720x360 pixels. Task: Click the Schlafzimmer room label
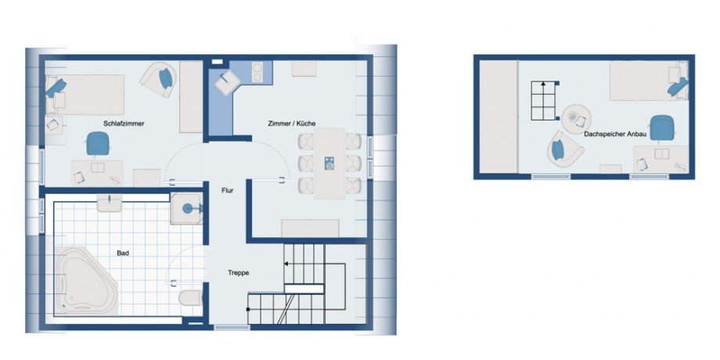tap(124, 124)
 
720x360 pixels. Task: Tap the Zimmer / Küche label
tap(292, 124)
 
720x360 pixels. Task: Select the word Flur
tap(227, 190)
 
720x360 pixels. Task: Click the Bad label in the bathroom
tap(123, 253)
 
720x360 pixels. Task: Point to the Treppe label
tap(239, 273)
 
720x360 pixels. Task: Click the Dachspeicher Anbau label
tap(615, 135)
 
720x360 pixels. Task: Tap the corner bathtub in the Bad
tap(85, 280)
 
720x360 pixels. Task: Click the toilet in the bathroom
tap(189, 297)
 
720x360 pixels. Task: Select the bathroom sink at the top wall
tap(110, 203)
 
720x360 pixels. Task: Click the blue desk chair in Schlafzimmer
tap(97, 143)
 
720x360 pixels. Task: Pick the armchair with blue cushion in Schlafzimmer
tap(159, 80)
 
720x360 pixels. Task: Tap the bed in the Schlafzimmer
tap(85, 95)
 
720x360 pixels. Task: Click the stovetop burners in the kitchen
tap(257, 72)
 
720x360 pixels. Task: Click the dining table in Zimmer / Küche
tap(329, 163)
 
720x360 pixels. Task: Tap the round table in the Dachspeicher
tap(576, 119)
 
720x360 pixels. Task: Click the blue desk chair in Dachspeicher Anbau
tap(661, 128)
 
